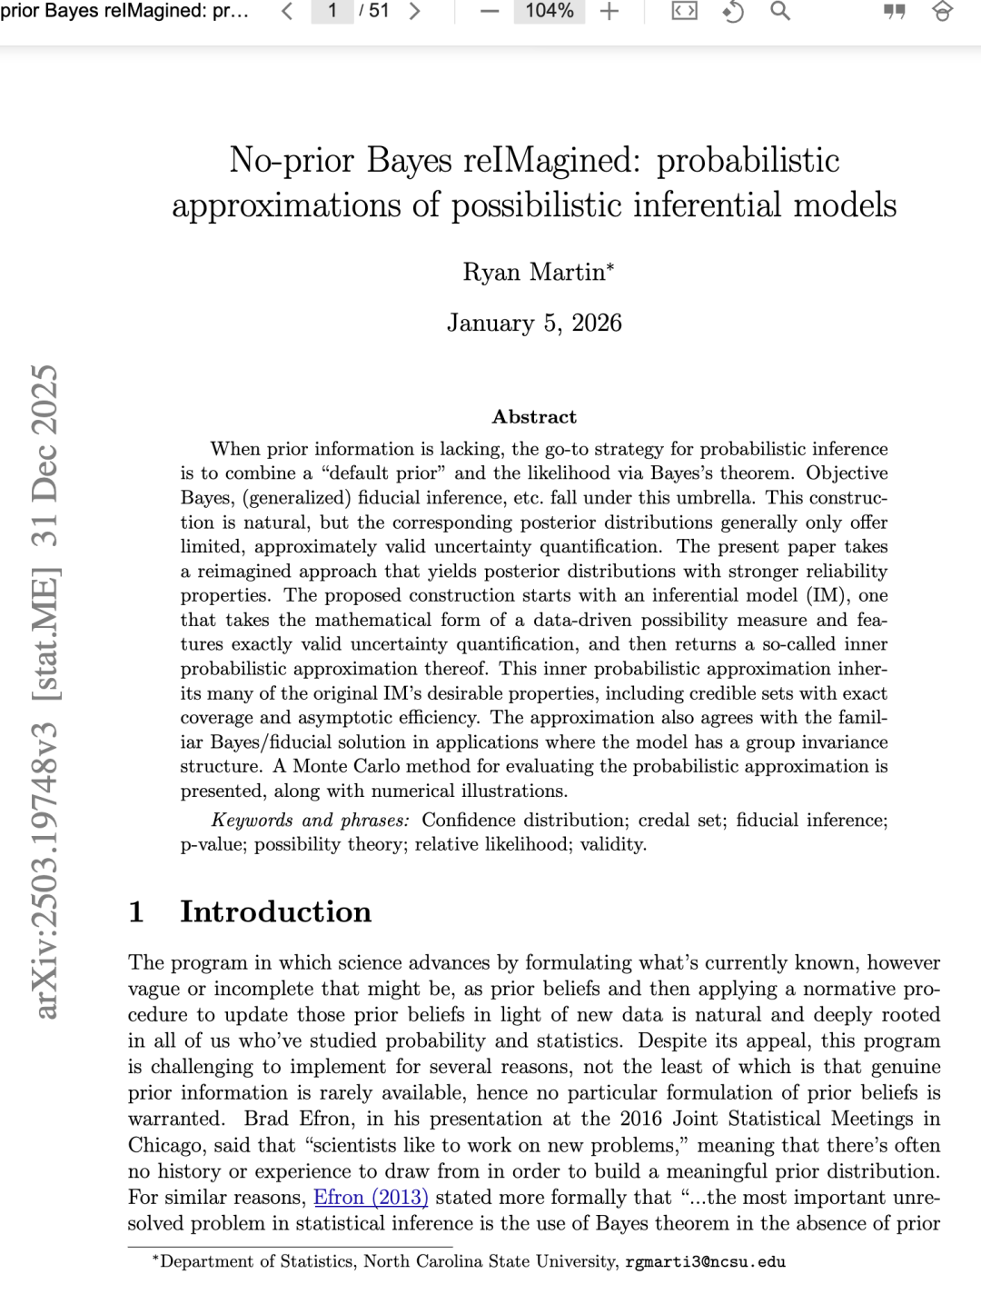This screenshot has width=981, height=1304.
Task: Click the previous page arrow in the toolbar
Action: coord(287,12)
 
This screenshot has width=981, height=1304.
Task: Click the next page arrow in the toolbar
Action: coord(414,12)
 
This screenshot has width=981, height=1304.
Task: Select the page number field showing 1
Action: coord(332,12)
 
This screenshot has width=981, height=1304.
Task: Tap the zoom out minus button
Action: coord(490,12)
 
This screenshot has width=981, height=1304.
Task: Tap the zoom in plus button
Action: coord(609,12)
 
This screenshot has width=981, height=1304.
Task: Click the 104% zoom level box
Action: coord(549,12)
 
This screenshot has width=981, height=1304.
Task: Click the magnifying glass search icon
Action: coord(779,12)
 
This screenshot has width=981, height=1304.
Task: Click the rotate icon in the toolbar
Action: coord(732,12)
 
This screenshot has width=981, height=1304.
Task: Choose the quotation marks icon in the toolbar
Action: coord(894,12)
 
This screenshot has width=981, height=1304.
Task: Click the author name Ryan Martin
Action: coord(535,272)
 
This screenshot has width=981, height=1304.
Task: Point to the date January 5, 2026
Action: coord(534,324)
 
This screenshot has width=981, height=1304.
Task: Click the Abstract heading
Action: coord(534,417)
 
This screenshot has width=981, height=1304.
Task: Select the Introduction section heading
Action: coord(275,911)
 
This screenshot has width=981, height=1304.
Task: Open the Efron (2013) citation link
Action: coord(371,1198)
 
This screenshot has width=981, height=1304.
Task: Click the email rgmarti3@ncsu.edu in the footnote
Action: coord(705,1262)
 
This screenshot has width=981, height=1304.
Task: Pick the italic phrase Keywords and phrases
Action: coord(310,821)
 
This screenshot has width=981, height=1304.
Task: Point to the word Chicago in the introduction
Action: coord(166,1145)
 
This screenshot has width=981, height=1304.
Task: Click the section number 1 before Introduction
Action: coord(136,911)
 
